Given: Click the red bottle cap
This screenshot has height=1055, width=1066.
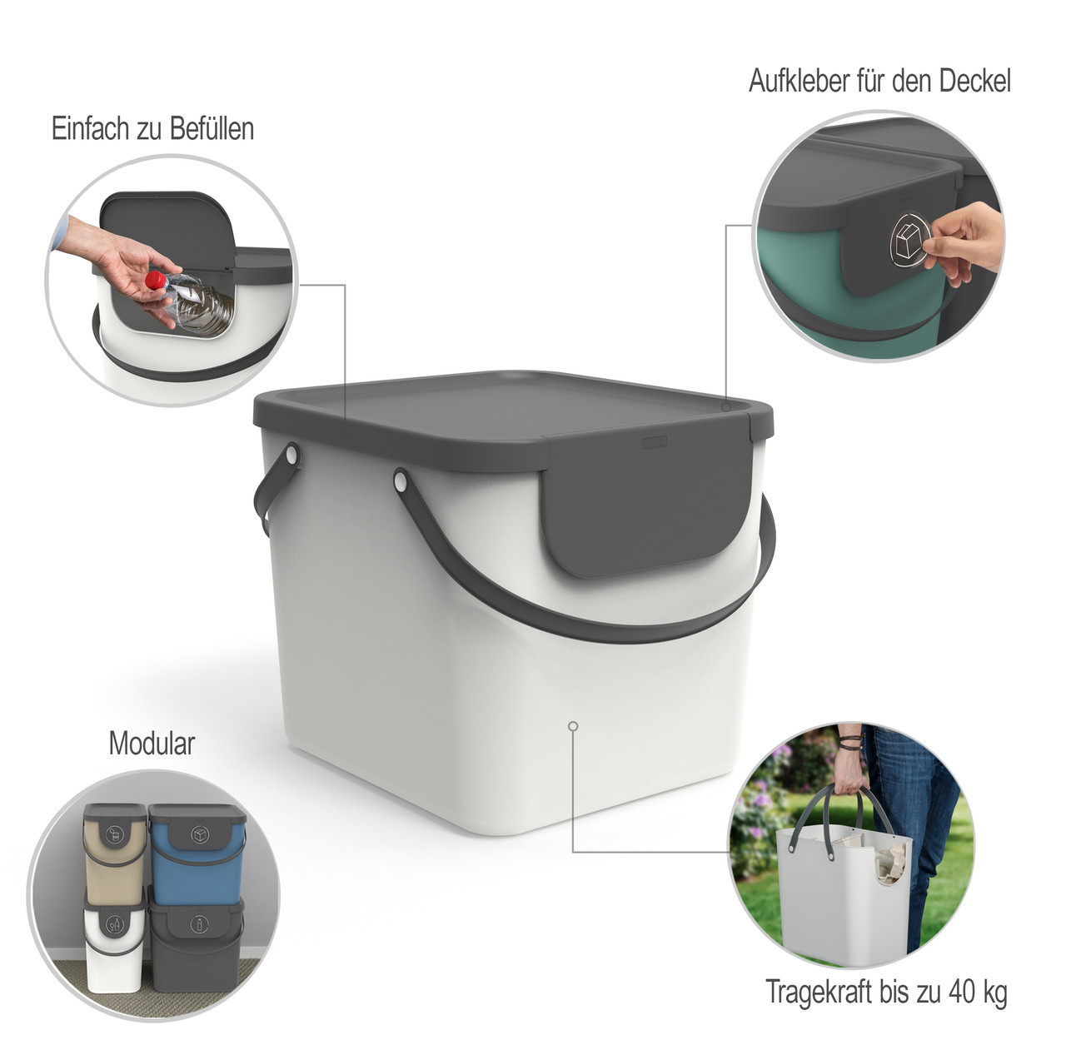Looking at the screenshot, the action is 156,280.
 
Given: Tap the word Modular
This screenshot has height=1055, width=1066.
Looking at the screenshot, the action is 152,743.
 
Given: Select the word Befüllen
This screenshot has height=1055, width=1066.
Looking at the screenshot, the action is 212,128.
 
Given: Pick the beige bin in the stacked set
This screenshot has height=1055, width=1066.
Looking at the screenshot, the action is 115,850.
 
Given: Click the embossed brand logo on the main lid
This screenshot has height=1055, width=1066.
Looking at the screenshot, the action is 655,443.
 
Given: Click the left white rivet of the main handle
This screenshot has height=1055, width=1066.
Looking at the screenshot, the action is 291,454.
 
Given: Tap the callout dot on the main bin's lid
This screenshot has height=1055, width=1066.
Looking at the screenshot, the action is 726,406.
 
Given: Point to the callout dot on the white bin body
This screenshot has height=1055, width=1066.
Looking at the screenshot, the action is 573,725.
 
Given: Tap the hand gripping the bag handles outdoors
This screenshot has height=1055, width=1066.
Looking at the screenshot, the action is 848,772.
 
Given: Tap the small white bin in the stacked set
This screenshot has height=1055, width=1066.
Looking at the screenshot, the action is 114,945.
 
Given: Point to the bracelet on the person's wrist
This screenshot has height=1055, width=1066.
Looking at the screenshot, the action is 850,742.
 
